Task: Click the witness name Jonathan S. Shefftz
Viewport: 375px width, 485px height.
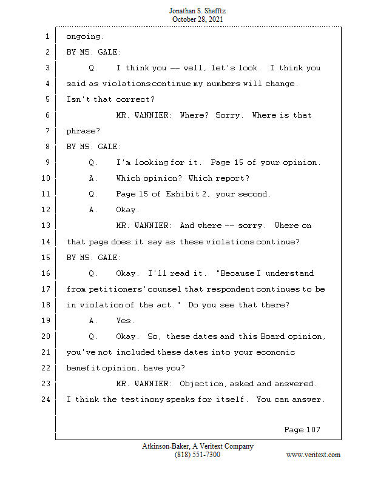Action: [197, 11]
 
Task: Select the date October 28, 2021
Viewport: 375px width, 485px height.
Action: [197, 19]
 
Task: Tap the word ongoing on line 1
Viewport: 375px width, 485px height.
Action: [85, 37]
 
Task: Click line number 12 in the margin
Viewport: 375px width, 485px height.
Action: [46, 210]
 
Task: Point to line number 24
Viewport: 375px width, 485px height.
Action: [46, 400]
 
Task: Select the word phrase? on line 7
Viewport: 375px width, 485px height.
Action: [83, 131]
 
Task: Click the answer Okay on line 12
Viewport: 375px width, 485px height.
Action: [127, 210]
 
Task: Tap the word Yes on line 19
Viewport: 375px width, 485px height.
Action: [125, 321]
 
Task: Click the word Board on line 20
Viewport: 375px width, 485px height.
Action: [272, 336]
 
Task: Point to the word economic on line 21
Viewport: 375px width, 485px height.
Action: [275, 352]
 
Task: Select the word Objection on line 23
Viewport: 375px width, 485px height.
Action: [201, 384]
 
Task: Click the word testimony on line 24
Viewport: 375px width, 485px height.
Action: [142, 400]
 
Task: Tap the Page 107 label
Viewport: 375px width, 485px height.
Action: [302, 430]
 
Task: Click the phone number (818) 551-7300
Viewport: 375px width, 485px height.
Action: [197, 455]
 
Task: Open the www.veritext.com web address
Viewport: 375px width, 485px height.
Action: [313, 455]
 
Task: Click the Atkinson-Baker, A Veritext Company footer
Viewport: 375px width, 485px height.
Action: [198, 446]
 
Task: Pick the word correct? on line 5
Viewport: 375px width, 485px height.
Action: [135, 99]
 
